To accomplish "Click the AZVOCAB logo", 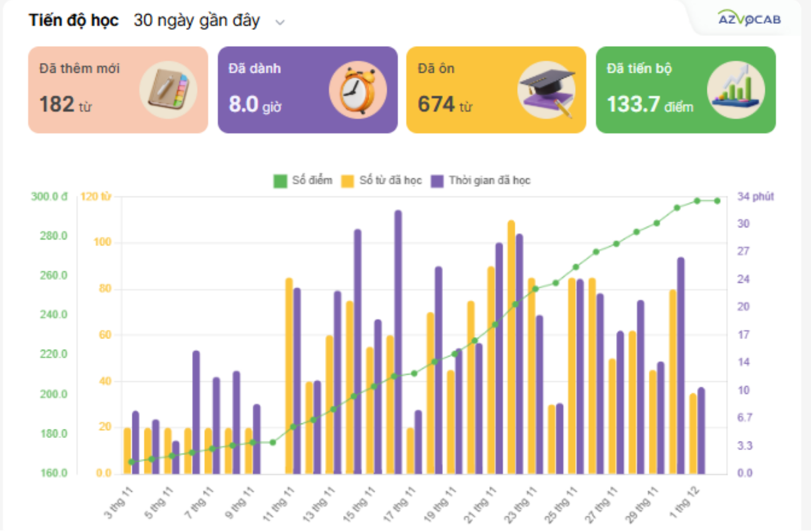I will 749,19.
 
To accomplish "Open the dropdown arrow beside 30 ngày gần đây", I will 280,22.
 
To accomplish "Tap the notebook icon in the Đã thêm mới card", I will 168,90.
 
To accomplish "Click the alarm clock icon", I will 358,90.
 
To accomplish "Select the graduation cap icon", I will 547,90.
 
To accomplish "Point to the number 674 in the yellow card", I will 436,104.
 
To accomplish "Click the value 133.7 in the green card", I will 633,104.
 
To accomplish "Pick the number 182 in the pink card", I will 57,104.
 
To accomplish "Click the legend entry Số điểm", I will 303,180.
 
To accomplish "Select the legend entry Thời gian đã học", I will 481,180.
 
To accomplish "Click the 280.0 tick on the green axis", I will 53,236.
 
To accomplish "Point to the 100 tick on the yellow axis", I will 102,242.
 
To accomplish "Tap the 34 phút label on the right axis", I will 756,197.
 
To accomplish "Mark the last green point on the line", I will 717,201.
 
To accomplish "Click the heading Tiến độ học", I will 74,20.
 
